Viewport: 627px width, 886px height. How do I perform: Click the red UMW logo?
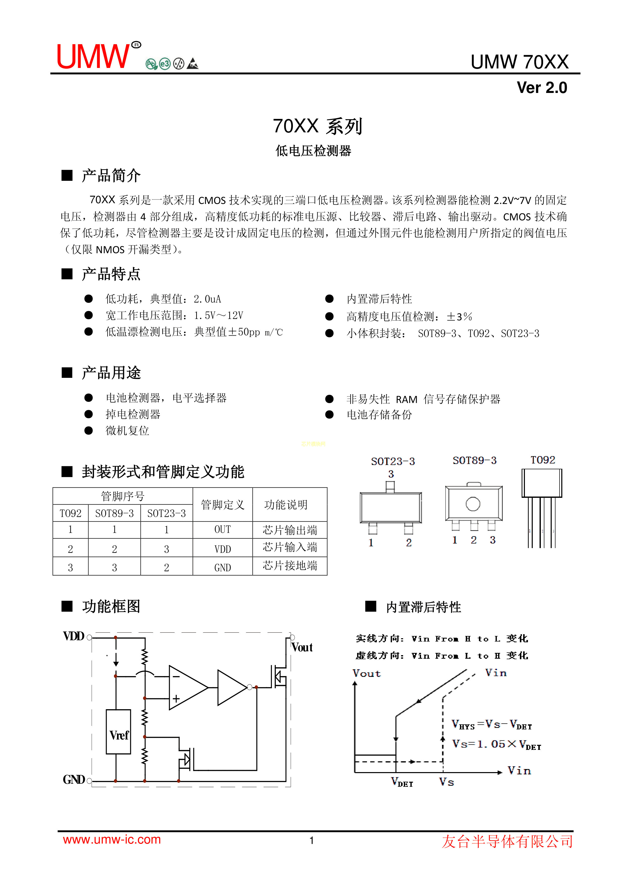click(94, 57)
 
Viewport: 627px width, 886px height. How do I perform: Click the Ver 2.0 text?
click(542, 88)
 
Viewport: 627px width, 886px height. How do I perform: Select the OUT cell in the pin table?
click(222, 529)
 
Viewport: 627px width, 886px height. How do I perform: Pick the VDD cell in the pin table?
click(222, 549)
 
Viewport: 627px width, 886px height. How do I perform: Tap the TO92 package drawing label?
click(542, 460)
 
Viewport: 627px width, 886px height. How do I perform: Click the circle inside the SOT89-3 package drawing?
click(473, 504)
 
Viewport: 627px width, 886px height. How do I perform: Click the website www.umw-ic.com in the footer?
click(112, 840)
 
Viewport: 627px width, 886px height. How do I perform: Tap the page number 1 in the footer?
click(312, 841)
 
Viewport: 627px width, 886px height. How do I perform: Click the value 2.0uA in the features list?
click(207, 299)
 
